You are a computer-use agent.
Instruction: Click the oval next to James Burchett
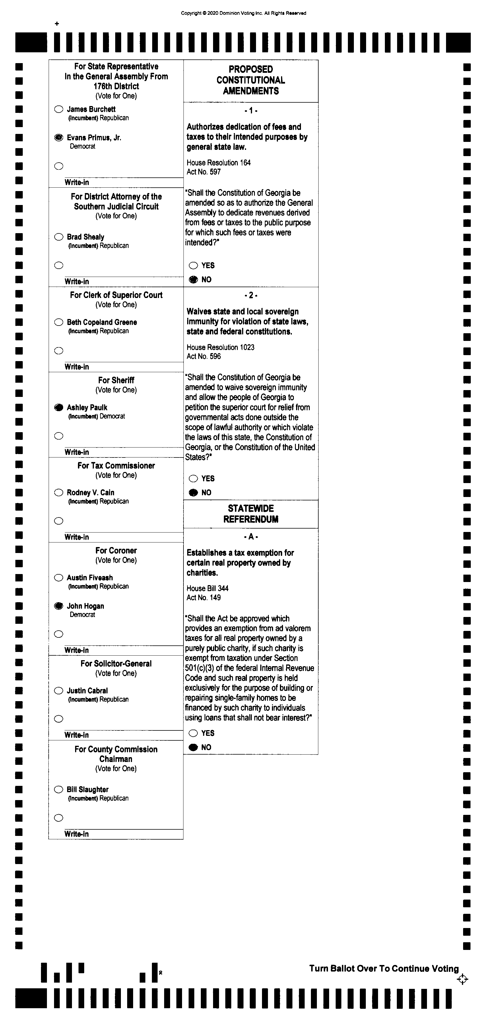[x=59, y=109]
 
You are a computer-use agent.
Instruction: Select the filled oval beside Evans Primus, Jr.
[x=59, y=138]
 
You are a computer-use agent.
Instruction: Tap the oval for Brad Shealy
[x=59, y=237]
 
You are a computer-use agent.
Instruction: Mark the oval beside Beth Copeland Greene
[x=59, y=322]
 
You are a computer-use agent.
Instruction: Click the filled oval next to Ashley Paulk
[x=59, y=407]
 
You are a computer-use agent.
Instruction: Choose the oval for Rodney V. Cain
[x=59, y=493]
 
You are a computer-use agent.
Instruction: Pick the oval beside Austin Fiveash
[x=59, y=578]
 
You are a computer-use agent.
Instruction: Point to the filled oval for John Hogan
[x=59, y=606]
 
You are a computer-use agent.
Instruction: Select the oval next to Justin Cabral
[x=59, y=691]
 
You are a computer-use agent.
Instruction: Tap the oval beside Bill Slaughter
[x=59, y=790]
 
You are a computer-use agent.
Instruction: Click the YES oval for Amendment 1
[x=193, y=266]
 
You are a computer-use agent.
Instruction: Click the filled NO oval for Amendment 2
[x=193, y=493]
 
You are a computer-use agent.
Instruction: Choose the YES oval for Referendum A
[x=193, y=733]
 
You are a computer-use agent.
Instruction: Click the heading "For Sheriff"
[x=116, y=380]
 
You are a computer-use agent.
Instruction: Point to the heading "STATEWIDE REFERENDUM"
[x=251, y=514]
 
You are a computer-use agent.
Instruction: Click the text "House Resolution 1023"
[x=220, y=347]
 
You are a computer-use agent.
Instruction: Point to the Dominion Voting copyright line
[x=243, y=13]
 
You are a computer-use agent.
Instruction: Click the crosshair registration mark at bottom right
[x=463, y=980]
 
